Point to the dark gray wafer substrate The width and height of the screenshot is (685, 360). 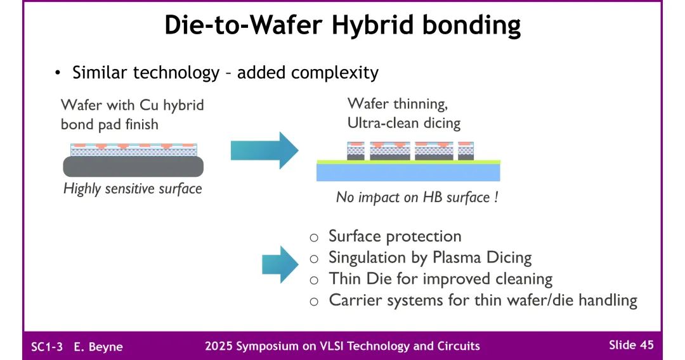133,166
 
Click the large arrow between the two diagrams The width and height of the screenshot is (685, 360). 264,150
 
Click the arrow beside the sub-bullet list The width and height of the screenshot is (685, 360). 280,264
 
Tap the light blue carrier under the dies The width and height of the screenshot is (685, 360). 408,172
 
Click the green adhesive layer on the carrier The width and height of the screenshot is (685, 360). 408,162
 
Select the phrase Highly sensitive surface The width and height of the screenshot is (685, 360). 133,188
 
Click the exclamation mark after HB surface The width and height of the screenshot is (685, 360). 496,197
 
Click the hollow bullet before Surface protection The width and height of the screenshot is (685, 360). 314,238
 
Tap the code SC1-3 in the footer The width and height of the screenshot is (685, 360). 47,347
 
